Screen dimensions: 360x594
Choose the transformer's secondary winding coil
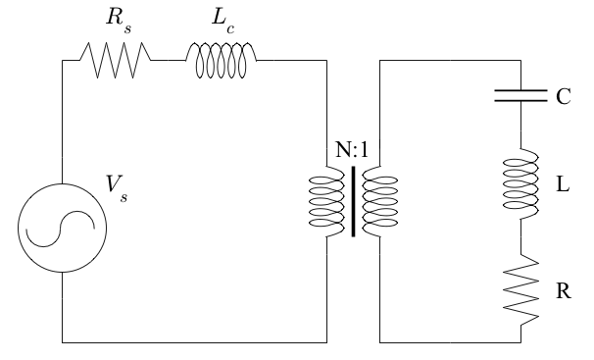coord(380,202)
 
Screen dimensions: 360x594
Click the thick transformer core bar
coord(354,202)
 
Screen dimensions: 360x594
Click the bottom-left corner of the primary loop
coord(64,342)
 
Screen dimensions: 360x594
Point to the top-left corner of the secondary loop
coord(379,60)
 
